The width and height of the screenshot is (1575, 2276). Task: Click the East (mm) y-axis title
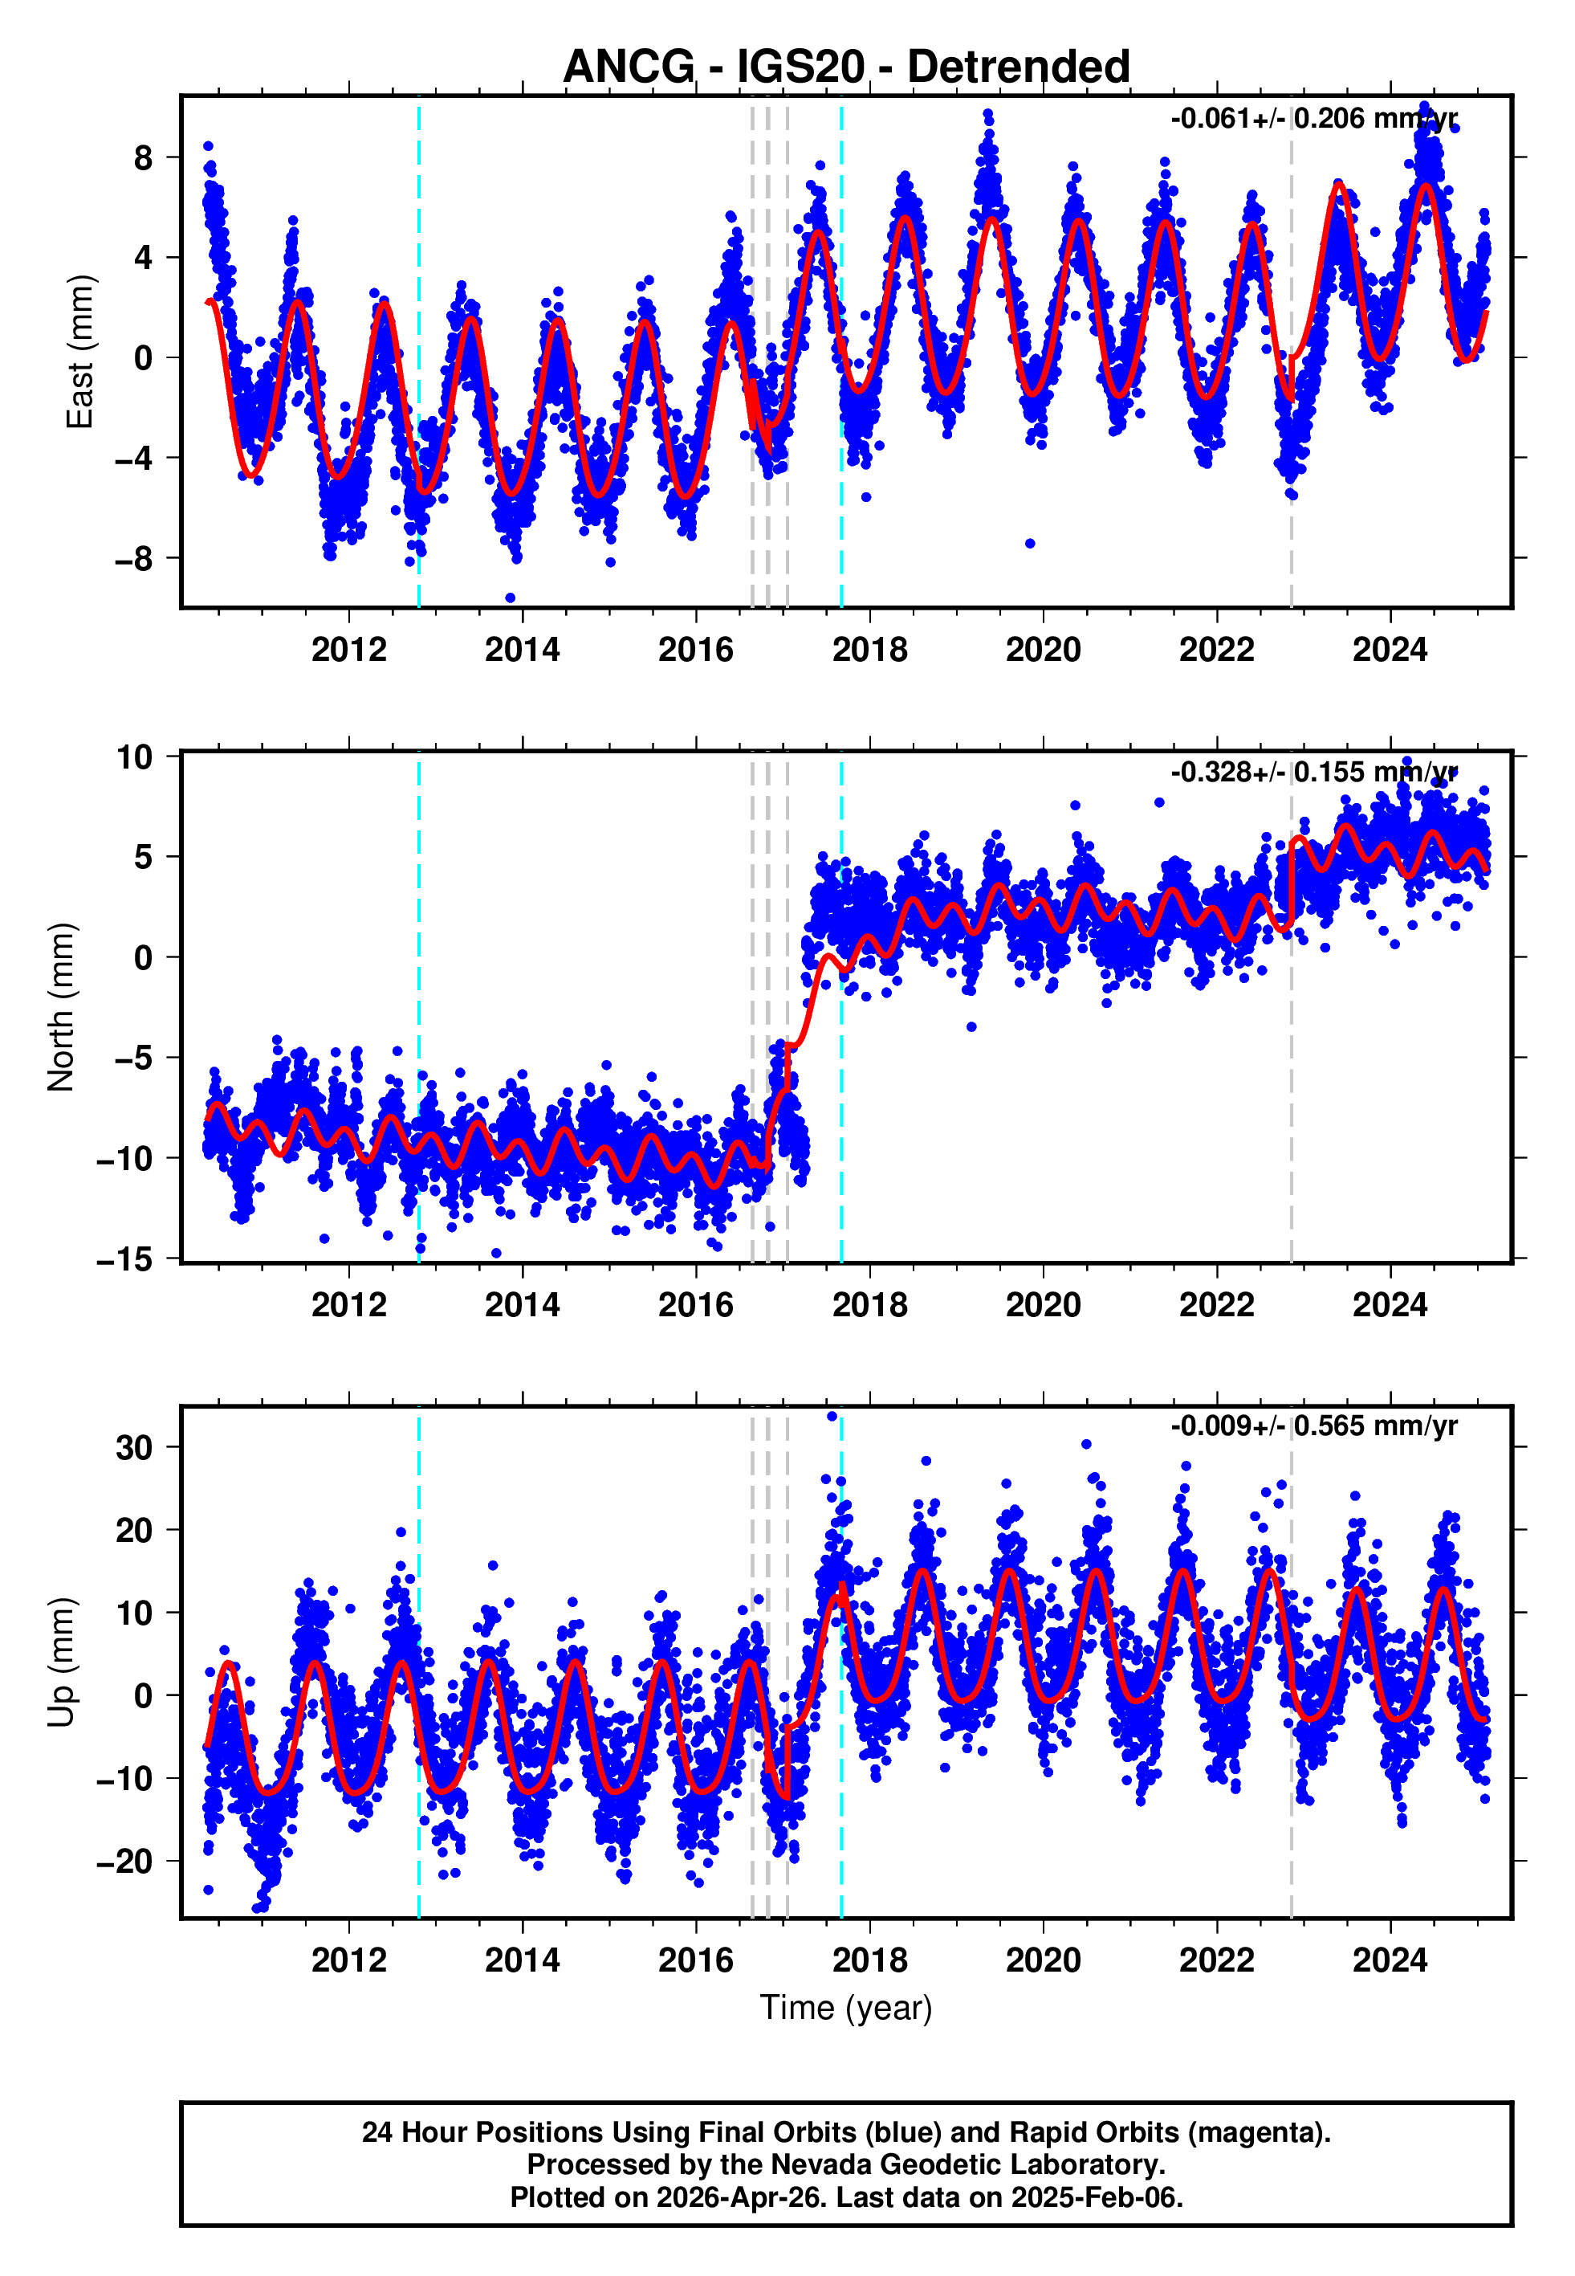coord(79,353)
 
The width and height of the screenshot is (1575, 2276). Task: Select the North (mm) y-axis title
coord(61,1007)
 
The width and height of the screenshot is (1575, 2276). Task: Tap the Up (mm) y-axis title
coord(61,1662)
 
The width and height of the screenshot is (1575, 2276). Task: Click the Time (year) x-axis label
coord(846,2008)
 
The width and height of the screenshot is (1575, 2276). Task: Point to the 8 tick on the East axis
coord(144,157)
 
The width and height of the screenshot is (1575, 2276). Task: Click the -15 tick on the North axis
coord(125,1259)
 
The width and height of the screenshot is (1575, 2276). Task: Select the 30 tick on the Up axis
coord(134,1448)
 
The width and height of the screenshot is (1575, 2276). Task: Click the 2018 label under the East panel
coord(869,651)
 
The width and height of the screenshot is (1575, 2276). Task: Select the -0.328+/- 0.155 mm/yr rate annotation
coord(1313,772)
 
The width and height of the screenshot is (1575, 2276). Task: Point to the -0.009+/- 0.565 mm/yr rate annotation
coord(1313,1426)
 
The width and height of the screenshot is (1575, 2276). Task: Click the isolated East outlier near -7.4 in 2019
coord(1029,544)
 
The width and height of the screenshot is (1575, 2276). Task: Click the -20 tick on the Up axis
coord(125,1862)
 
